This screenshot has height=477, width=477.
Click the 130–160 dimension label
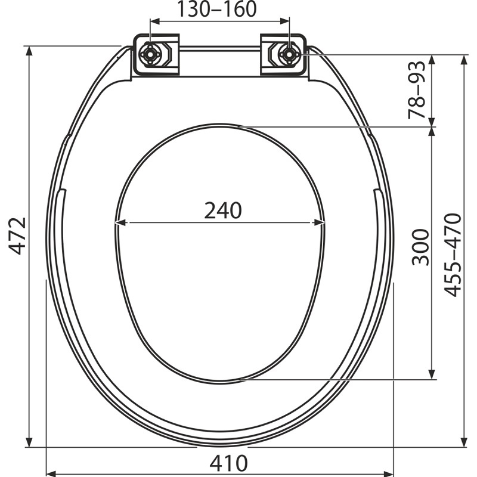[217, 9]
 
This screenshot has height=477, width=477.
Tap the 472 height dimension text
[17, 236]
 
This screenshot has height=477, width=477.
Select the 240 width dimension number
[223, 210]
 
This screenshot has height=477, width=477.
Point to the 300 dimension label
[420, 247]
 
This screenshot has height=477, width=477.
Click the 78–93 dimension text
[416, 90]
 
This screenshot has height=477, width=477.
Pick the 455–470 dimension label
[453, 255]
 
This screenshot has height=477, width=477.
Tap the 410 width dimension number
[228, 463]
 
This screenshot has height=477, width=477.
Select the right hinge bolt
[289, 54]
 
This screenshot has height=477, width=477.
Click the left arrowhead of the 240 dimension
[121, 223]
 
